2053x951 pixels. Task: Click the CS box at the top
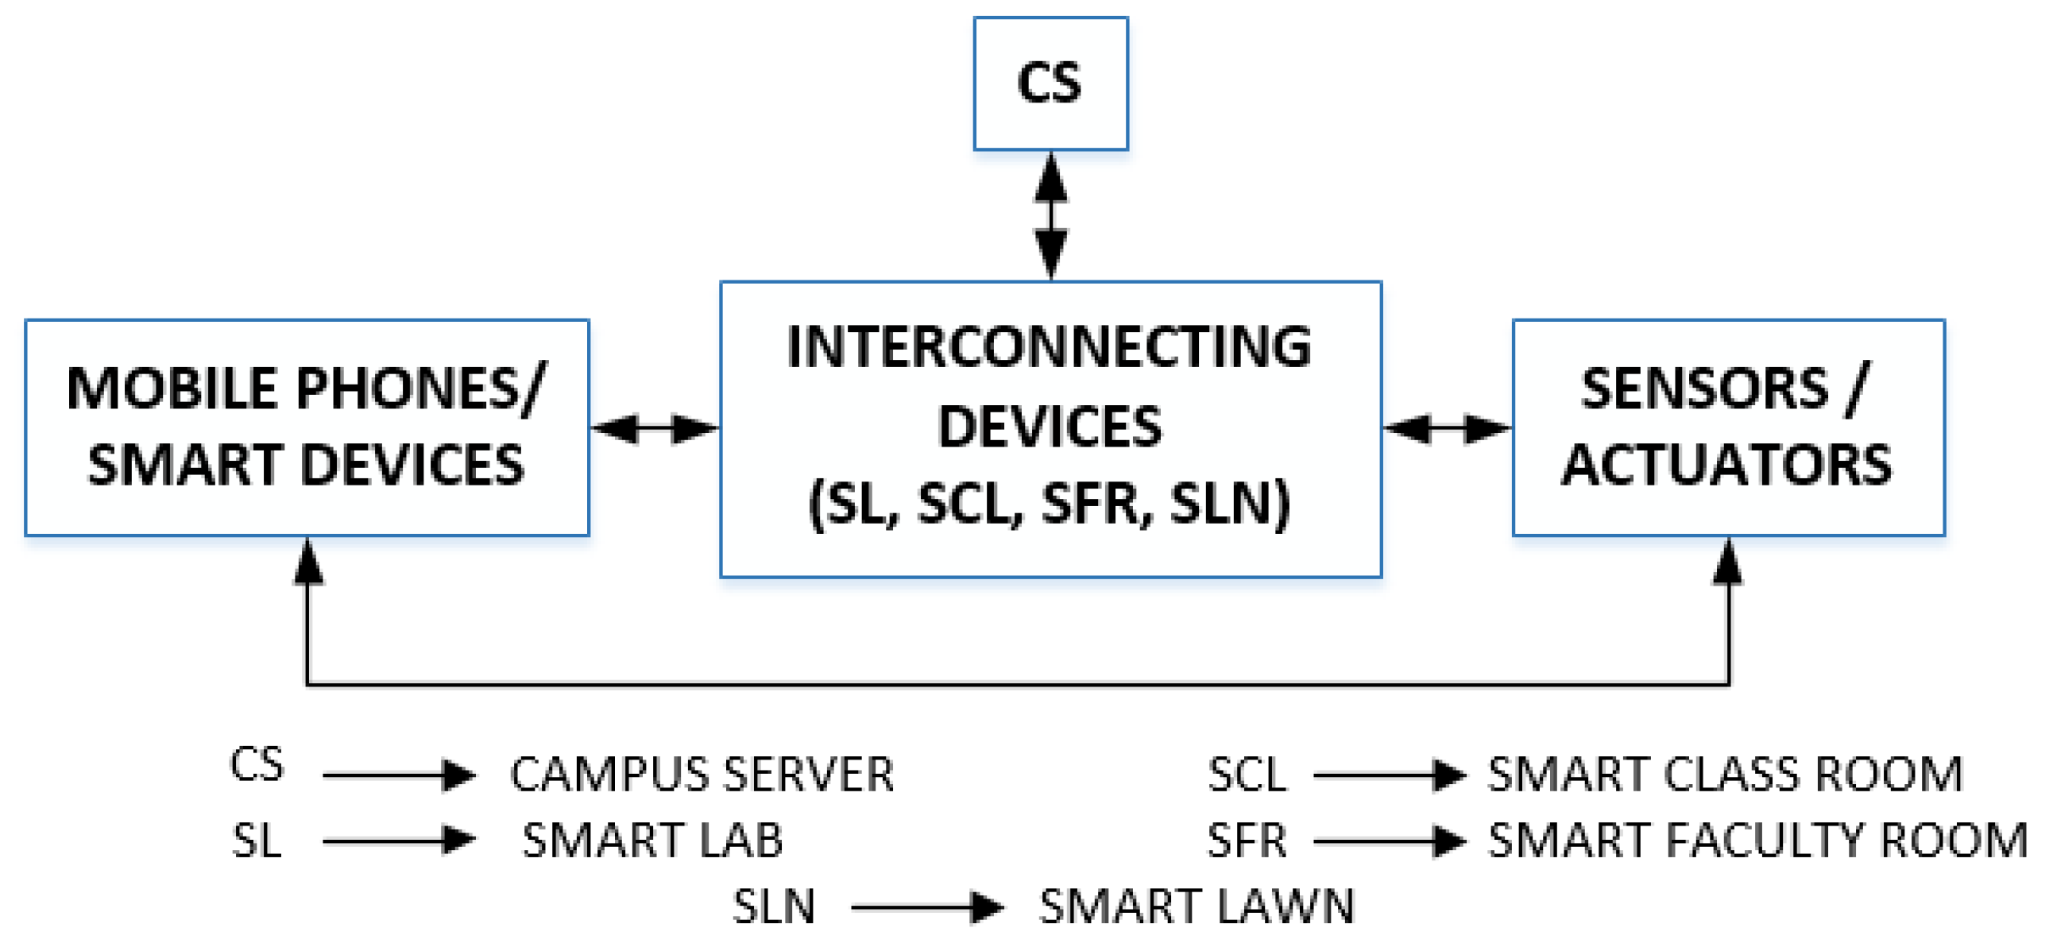pyautogui.click(x=1050, y=83)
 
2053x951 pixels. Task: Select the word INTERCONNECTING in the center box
pyautogui.click(x=1049, y=347)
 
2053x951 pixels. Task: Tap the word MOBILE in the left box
pyautogui.click(x=171, y=390)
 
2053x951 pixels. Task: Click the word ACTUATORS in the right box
pyautogui.click(x=1726, y=466)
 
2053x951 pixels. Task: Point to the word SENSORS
pyautogui.click(x=1704, y=390)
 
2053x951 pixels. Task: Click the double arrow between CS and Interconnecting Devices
pyautogui.click(x=1050, y=215)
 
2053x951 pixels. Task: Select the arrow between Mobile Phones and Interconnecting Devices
pyautogui.click(x=654, y=429)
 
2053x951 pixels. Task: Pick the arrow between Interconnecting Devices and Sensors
pyautogui.click(x=1447, y=429)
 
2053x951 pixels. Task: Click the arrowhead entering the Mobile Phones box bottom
pyautogui.click(x=308, y=562)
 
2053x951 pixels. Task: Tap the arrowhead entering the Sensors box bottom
pyautogui.click(x=1727, y=562)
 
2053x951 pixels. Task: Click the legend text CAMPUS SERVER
pyautogui.click(x=702, y=775)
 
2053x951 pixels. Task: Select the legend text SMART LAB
pyautogui.click(x=652, y=841)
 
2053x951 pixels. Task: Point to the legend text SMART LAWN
pyautogui.click(x=1197, y=907)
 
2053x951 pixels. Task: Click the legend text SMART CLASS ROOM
pyautogui.click(x=1725, y=775)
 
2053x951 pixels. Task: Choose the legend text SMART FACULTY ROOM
pyautogui.click(x=1757, y=841)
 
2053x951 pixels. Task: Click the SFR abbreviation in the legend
pyautogui.click(x=1247, y=841)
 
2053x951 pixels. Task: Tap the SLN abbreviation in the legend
pyautogui.click(x=774, y=907)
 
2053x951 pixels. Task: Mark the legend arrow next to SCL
pyautogui.click(x=1388, y=775)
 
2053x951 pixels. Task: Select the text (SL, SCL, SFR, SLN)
pyautogui.click(x=1049, y=504)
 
